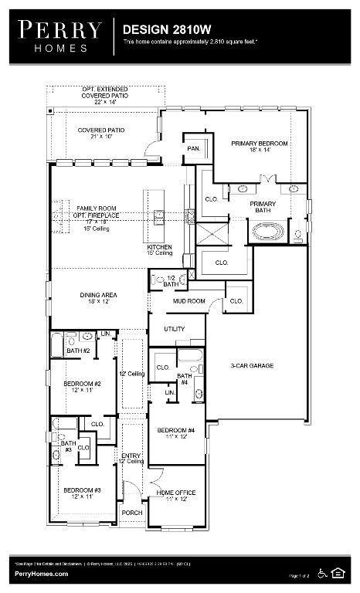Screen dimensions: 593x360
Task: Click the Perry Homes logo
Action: pos(60,36)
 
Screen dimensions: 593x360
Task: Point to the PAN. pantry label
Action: pos(193,147)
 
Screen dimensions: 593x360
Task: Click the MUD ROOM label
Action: pos(188,300)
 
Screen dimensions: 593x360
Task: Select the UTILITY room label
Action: pos(175,329)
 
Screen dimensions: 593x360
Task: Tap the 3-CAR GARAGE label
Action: pos(252,365)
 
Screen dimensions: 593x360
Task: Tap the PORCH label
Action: pos(131,513)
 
